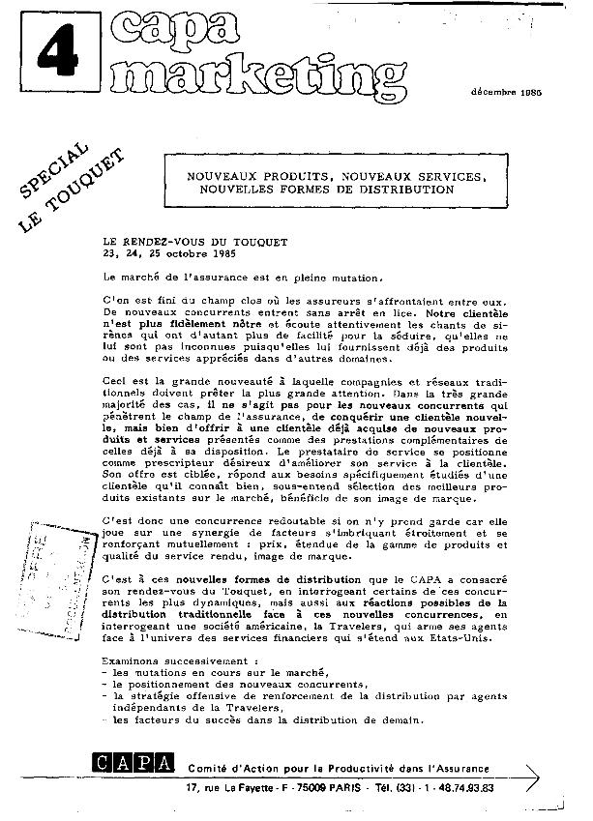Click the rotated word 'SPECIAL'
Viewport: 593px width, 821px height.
click(53, 164)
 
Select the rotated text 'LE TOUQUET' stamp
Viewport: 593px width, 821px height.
click(73, 193)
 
